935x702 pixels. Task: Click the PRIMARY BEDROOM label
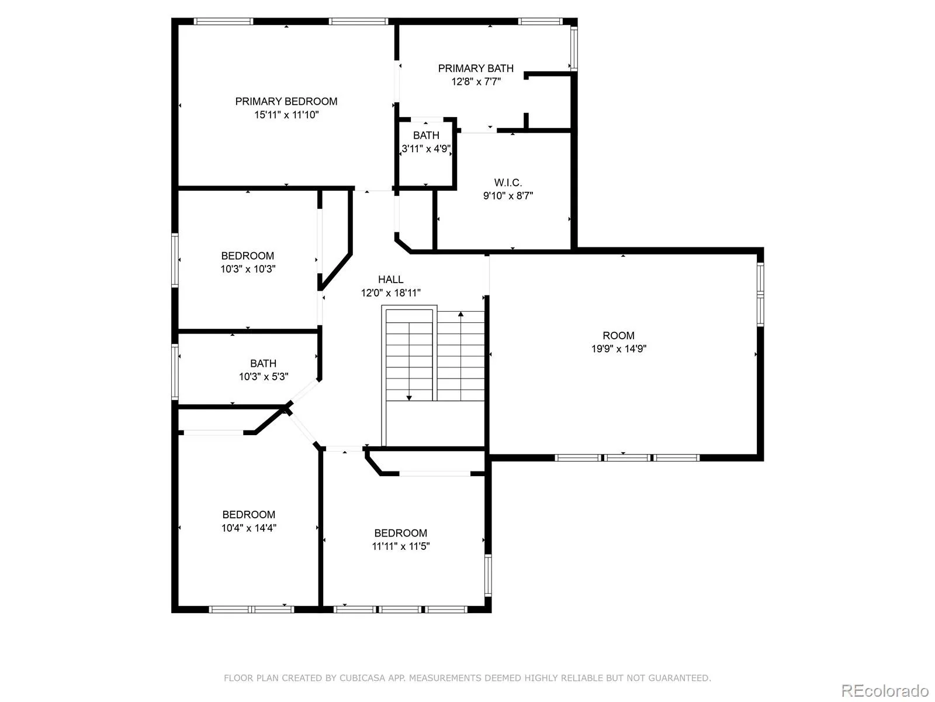coord(286,101)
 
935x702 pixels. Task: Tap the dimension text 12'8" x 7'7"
coord(476,81)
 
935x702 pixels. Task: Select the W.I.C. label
coord(508,183)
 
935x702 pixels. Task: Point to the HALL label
coord(390,280)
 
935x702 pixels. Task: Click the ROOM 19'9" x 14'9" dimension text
coord(618,349)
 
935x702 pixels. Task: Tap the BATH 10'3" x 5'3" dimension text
coord(263,377)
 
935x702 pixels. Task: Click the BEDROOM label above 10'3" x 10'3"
coord(247,256)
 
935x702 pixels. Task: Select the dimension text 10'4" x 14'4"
coord(248,528)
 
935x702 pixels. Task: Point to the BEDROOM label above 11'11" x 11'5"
coord(400,533)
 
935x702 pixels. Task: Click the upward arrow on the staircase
coord(461,315)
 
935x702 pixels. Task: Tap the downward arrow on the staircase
coord(409,397)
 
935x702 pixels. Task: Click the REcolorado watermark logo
coord(885,691)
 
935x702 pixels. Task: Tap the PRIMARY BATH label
coord(476,68)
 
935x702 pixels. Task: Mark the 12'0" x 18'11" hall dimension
coord(390,292)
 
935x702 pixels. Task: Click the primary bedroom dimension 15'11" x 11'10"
coord(286,115)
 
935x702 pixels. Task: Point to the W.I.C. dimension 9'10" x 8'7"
coord(508,195)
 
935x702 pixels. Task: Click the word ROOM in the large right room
coord(618,335)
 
